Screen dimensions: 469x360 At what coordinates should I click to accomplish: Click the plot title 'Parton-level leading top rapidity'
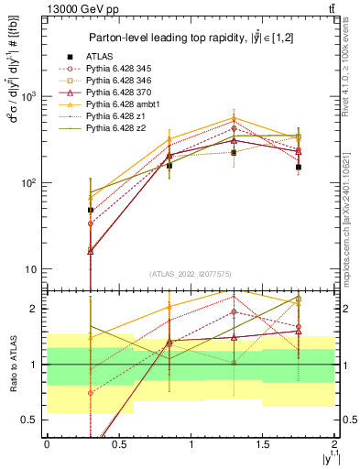point(190,38)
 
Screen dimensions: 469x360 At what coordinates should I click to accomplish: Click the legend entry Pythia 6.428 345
point(118,68)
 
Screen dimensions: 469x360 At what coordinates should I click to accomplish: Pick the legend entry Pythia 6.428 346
point(118,81)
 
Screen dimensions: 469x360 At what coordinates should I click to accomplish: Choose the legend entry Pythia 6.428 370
point(118,93)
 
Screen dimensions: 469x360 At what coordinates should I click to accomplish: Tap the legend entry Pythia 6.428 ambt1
point(122,105)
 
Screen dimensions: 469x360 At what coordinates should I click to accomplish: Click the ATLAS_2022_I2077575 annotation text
point(190,273)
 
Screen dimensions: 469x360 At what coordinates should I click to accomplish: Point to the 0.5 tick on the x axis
point(118,443)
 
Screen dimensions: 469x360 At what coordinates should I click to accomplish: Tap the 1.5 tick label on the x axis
point(263,443)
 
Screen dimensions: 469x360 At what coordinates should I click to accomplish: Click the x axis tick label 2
point(334,443)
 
